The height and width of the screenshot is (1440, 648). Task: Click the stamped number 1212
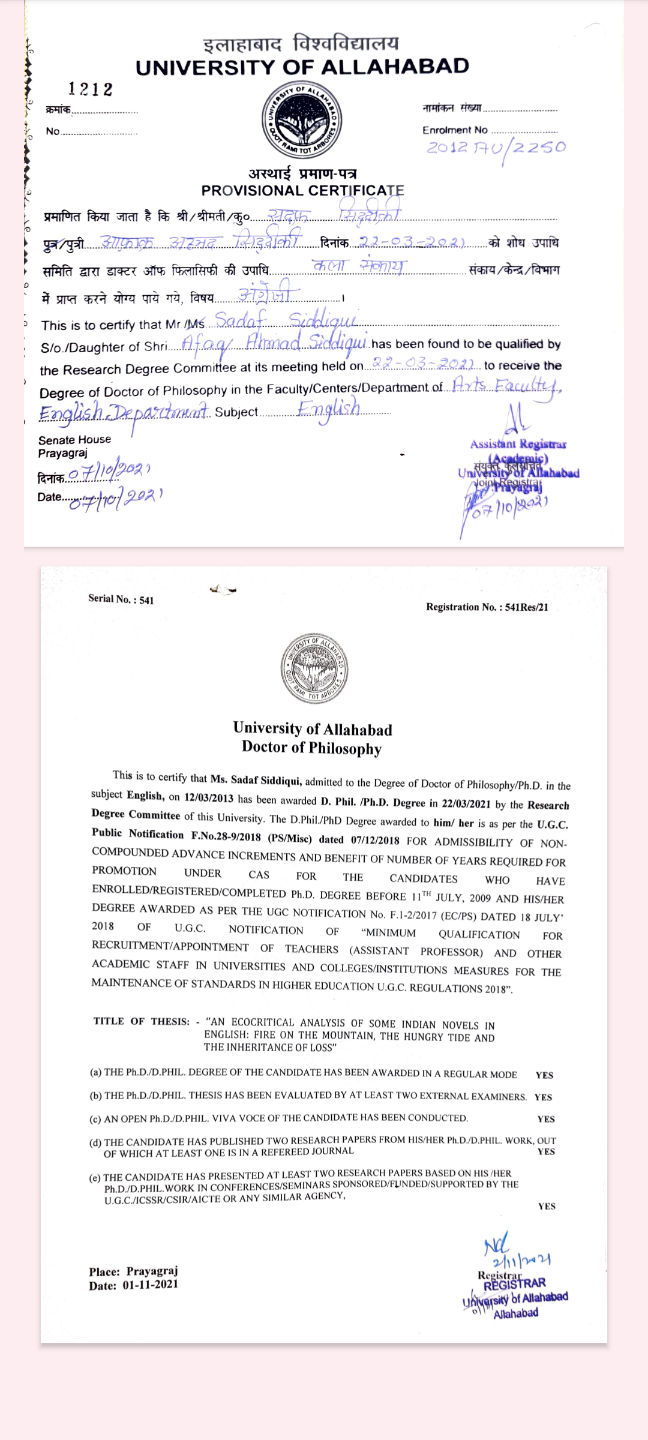coord(90,89)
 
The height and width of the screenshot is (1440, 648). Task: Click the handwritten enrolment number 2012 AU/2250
coord(496,148)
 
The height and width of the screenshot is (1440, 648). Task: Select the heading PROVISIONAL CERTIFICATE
coord(302,191)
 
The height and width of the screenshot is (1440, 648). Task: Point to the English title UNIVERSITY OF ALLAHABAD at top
coord(302,67)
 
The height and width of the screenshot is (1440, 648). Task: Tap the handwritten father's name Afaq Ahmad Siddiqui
coord(274,343)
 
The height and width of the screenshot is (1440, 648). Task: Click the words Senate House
coord(74,439)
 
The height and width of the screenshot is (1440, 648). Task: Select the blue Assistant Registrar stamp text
coord(518,445)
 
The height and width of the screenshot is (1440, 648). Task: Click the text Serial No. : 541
coord(121,599)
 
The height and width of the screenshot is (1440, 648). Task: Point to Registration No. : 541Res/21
coord(487,607)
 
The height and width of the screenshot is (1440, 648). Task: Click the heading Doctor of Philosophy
coord(311,748)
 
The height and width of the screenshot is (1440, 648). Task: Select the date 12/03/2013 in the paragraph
coord(208,797)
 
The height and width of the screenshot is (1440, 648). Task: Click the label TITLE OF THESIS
coord(142,1021)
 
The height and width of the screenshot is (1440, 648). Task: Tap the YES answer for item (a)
coord(544,1075)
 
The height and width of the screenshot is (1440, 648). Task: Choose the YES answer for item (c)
coord(546,1119)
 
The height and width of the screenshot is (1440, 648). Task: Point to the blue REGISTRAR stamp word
coord(514,1283)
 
